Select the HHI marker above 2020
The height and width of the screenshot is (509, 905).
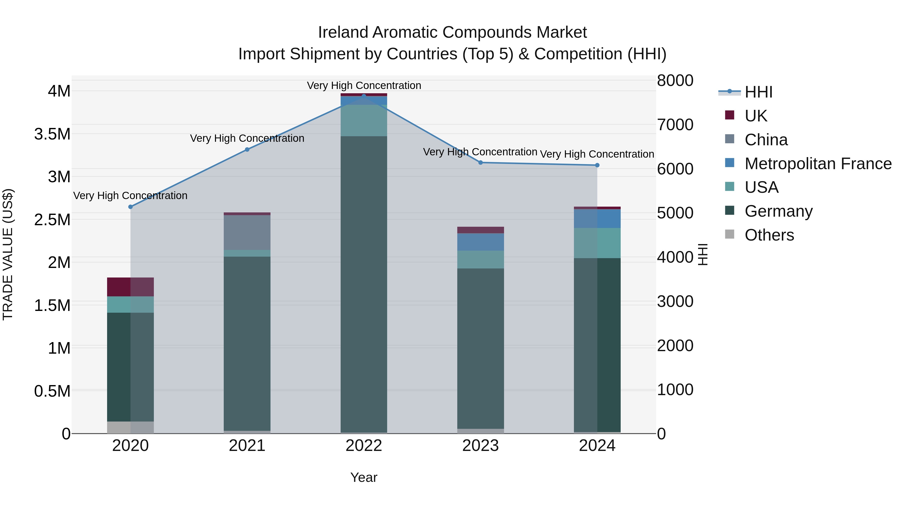tap(130, 207)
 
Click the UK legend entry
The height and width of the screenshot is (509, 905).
tap(756, 116)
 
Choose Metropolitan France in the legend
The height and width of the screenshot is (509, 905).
tap(818, 163)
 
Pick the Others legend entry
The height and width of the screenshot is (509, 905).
tap(769, 235)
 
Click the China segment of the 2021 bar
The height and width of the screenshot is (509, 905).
tap(247, 232)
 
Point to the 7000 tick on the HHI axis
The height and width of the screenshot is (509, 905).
tap(675, 125)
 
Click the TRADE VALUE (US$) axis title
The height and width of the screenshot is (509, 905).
tap(8, 254)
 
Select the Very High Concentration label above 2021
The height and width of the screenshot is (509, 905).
tap(247, 138)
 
